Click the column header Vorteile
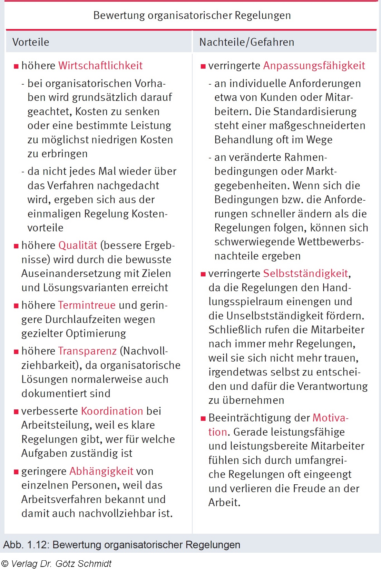click(x=31, y=42)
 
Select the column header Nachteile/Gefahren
click(x=247, y=42)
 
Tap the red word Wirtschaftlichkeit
click(x=100, y=66)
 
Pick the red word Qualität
click(x=78, y=245)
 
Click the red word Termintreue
click(x=87, y=305)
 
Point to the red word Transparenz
click(x=87, y=351)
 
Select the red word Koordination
click(x=112, y=411)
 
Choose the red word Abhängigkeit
click(x=101, y=471)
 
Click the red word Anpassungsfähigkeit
click(x=314, y=66)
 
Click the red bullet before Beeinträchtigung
click(x=203, y=419)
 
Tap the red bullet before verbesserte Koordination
click(x=16, y=412)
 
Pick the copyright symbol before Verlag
click(x=4, y=564)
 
